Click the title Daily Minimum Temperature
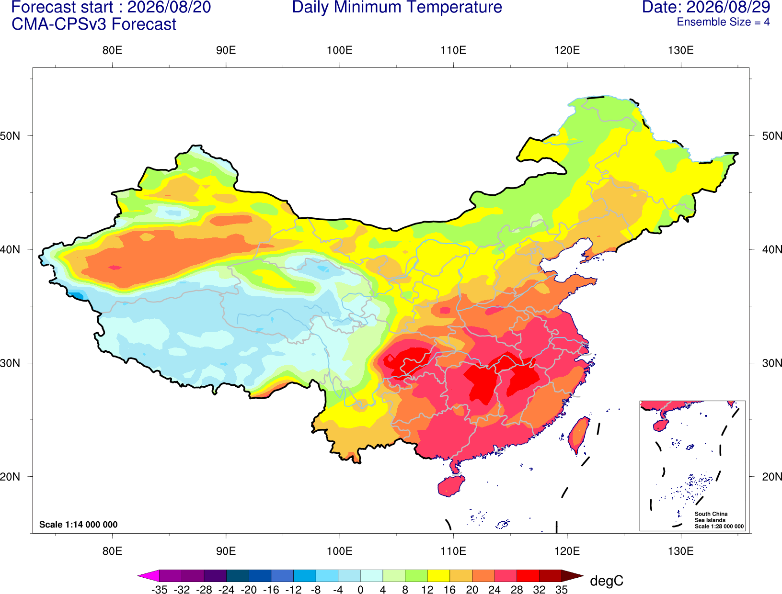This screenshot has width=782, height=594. (x=397, y=8)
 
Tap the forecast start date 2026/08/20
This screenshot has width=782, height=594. (x=169, y=8)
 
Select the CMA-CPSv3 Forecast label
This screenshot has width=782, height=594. (x=94, y=24)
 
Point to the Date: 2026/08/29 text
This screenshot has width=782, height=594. (x=706, y=8)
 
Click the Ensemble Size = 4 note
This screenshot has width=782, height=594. (x=723, y=22)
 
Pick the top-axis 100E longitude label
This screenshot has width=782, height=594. (x=340, y=50)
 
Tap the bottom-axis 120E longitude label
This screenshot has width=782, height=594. (x=567, y=551)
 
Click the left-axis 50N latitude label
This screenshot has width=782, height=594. (x=10, y=136)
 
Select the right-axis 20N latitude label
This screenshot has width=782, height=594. (x=772, y=477)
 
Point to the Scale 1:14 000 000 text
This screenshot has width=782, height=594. (x=79, y=525)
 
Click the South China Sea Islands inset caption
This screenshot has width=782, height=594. (x=719, y=520)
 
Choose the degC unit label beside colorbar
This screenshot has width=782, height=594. (x=606, y=581)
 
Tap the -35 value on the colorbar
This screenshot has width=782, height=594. (x=159, y=590)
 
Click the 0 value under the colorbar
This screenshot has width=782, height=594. (x=360, y=590)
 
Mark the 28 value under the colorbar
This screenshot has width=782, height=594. (x=517, y=590)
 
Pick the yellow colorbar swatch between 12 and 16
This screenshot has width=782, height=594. (x=438, y=575)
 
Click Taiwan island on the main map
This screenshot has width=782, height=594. (x=578, y=436)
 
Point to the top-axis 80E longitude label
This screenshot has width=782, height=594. (x=112, y=50)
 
